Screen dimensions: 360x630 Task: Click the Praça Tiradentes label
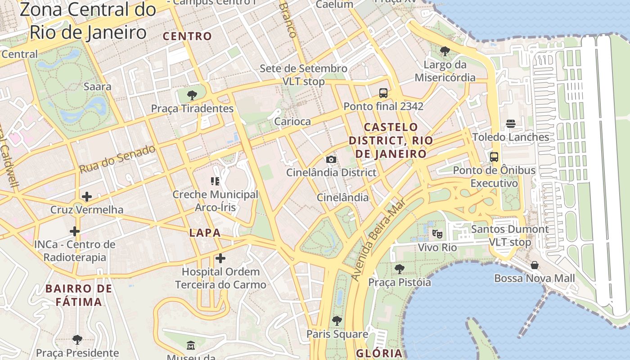pyautogui.click(x=192, y=108)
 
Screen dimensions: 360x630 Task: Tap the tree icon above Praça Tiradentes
pyautogui.click(x=192, y=95)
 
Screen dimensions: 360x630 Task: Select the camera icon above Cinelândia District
pyautogui.click(x=331, y=159)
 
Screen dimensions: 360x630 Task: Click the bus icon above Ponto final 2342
pyautogui.click(x=383, y=93)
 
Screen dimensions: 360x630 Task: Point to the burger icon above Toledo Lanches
pyautogui.click(x=510, y=124)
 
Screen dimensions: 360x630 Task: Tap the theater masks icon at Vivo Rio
pyautogui.click(x=437, y=234)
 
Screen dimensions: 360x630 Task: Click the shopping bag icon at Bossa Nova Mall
pyautogui.click(x=535, y=265)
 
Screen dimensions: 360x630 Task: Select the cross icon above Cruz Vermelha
pyautogui.click(x=87, y=197)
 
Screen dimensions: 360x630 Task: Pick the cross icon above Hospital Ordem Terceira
pyautogui.click(x=220, y=258)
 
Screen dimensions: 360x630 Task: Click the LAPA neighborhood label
pyautogui.click(x=205, y=233)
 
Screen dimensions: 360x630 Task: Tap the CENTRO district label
pyautogui.click(x=187, y=36)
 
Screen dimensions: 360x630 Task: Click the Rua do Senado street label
pyautogui.click(x=117, y=159)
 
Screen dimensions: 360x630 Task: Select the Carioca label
pyautogui.click(x=292, y=121)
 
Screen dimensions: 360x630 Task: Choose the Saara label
pyautogui.click(x=97, y=86)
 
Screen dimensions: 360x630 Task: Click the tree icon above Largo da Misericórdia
pyautogui.click(x=445, y=51)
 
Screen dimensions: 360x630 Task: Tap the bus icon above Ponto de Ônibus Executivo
pyautogui.click(x=494, y=157)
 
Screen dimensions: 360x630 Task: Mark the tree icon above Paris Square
pyautogui.click(x=337, y=321)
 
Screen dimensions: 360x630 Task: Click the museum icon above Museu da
pyautogui.click(x=191, y=346)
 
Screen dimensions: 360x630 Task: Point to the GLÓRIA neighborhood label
pyautogui.click(x=379, y=353)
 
